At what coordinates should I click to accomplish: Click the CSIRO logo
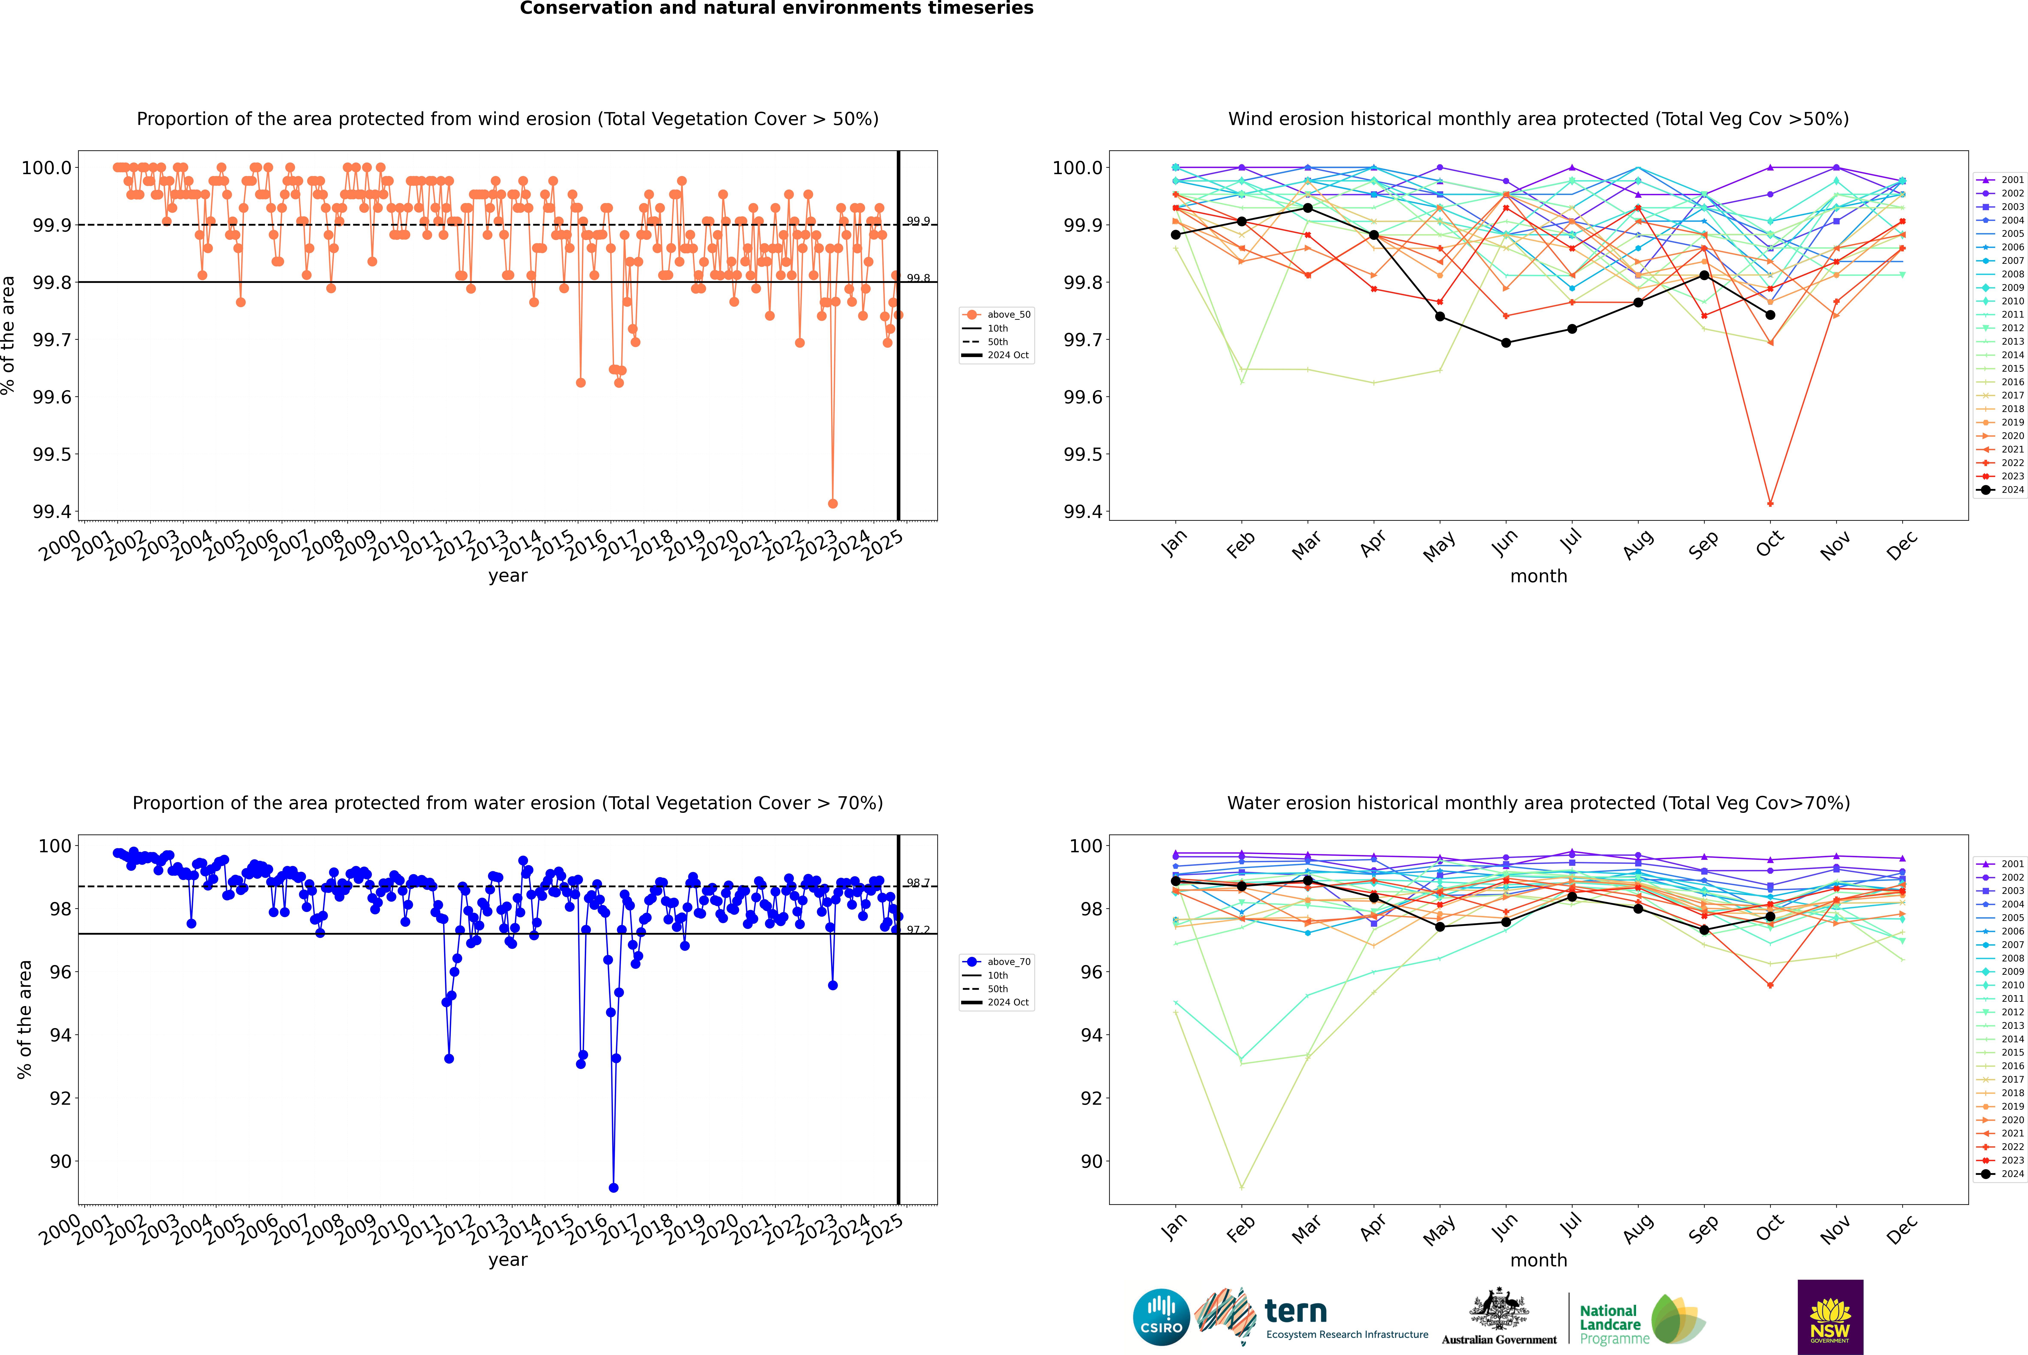tap(1161, 1317)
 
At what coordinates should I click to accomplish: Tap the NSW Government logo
tap(1830, 1317)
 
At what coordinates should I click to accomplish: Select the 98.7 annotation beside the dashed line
tap(918, 883)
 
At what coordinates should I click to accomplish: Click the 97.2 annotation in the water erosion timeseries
tap(918, 930)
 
